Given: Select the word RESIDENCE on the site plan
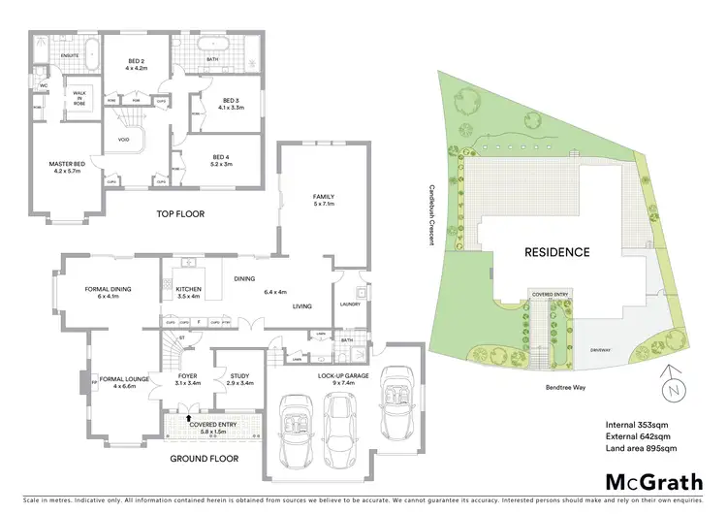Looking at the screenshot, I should tap(556, 252).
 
